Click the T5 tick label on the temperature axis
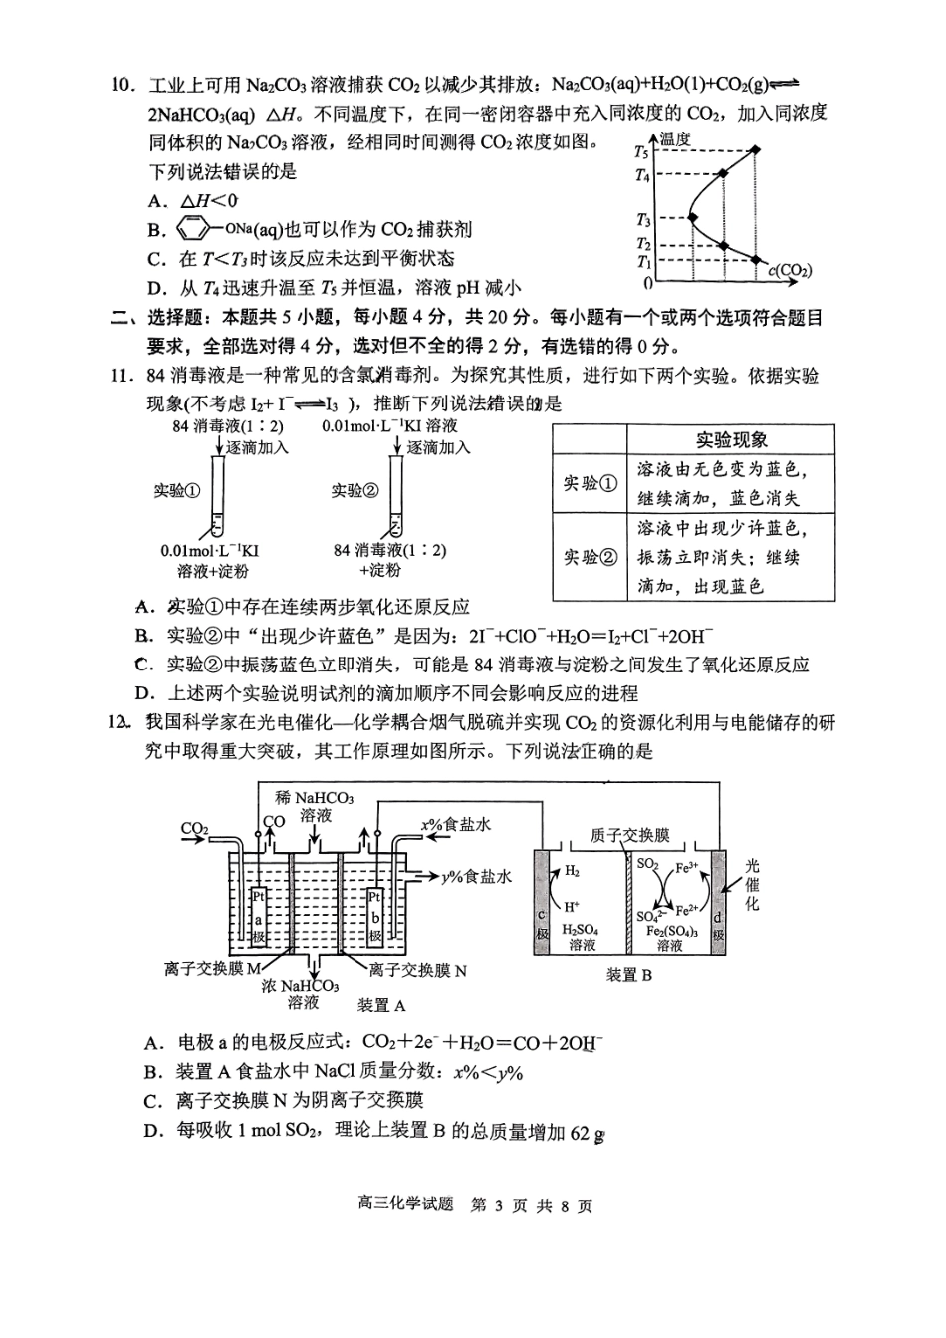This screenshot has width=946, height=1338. point(641,153)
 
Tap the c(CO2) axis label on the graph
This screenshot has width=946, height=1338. point(790,269)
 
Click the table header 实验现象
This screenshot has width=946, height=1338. point(731,440)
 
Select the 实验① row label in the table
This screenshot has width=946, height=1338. point(590,483)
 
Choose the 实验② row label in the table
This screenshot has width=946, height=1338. point(590,557)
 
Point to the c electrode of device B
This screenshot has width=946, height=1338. point(543,903)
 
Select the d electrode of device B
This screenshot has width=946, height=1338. point(718,903)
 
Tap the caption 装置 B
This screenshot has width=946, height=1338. point(628,975)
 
